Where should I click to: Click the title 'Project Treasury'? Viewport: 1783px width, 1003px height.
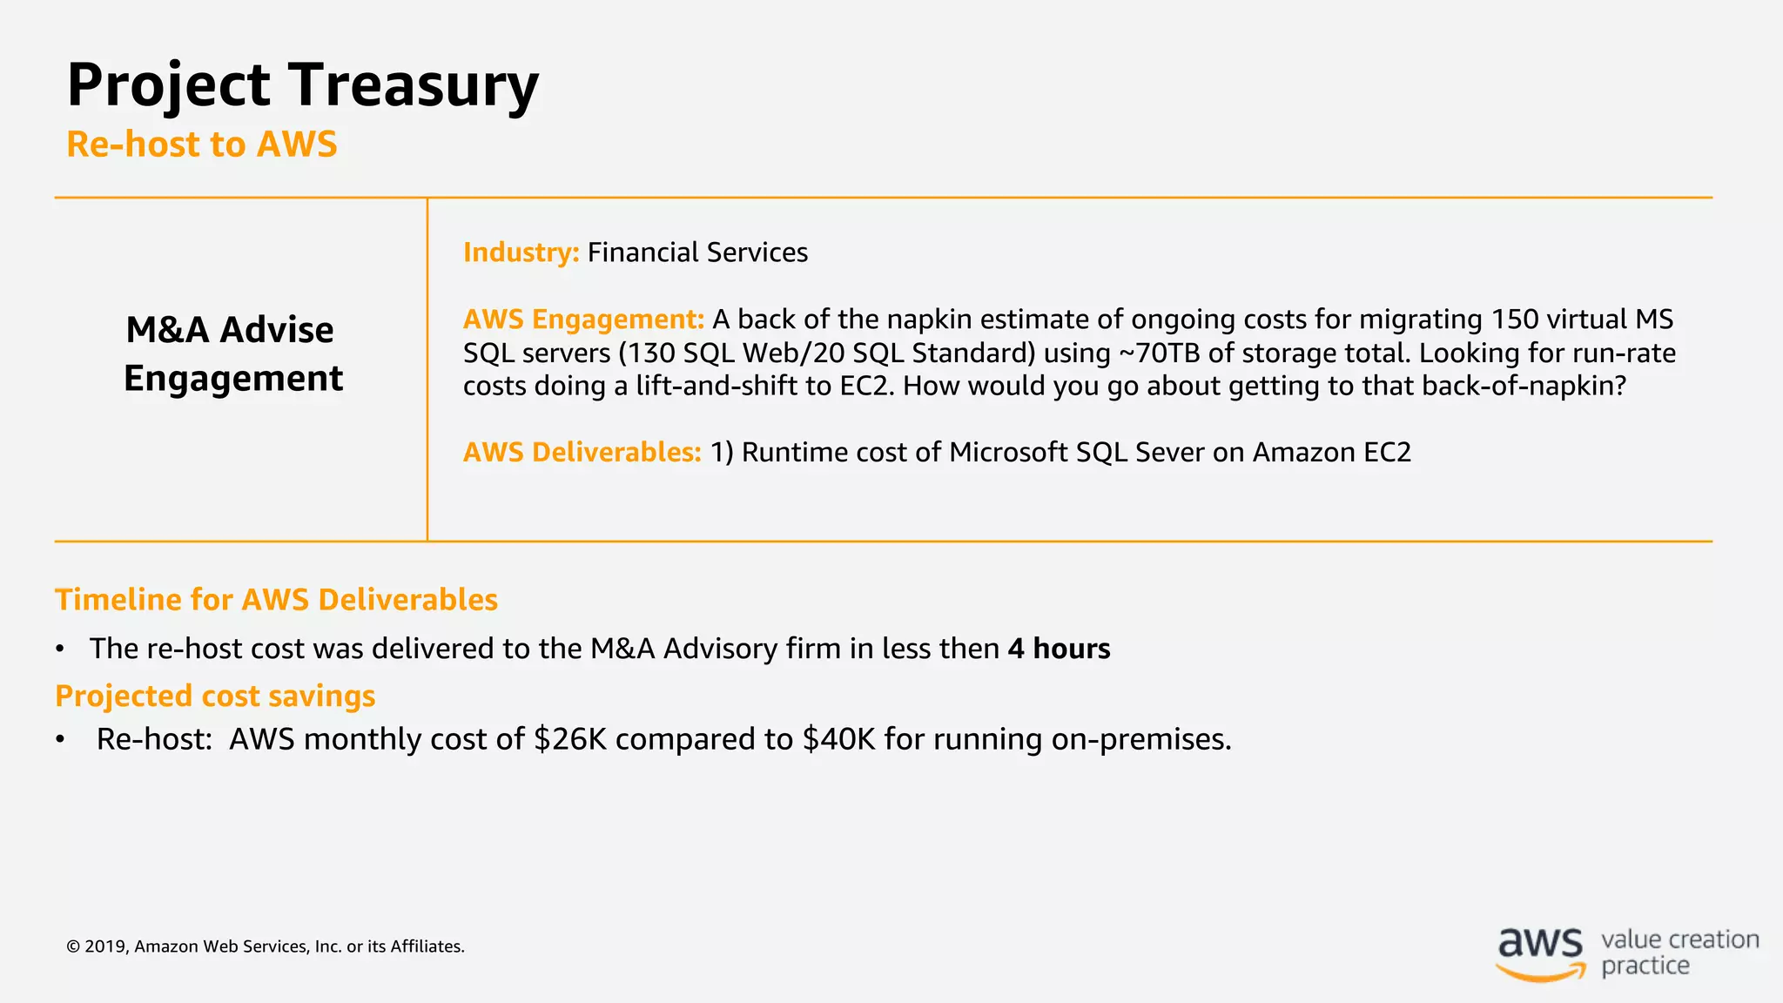click(302, 85)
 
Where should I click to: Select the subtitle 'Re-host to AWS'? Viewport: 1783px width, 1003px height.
click(201, 145)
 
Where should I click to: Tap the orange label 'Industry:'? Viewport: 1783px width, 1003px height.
click(521, 252)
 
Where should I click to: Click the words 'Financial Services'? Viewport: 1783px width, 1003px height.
click(697, 252)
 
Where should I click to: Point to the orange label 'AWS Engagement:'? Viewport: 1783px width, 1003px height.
click(583, 320)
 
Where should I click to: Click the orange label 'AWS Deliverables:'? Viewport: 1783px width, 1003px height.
click(582, 453)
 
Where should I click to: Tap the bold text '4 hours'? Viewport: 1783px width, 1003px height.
click(1059, 649)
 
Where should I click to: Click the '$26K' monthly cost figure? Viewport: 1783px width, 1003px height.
click(569, 739)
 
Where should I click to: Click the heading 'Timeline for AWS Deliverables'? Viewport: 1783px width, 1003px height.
click(276, 600)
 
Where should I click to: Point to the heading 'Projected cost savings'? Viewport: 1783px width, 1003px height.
click(215, 697)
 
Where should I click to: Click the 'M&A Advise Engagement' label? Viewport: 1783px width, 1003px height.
click(232, 354)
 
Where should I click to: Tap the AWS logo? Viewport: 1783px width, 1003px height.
click(1540, 953)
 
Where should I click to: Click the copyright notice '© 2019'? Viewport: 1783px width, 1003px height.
click(98, 946)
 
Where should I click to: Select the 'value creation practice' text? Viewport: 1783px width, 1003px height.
click(1679, 953)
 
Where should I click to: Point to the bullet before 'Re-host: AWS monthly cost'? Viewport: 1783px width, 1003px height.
click(60, 740)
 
